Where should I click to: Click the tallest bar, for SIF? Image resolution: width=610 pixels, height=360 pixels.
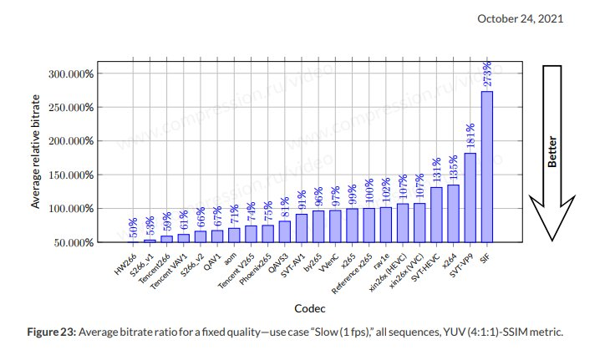(x=486, y=166)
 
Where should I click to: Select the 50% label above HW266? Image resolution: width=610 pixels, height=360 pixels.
(x=133, y=228)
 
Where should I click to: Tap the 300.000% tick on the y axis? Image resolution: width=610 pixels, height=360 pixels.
(x=70, y=74)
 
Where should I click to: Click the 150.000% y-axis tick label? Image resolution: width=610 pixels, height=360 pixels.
(x=70, y=175)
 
